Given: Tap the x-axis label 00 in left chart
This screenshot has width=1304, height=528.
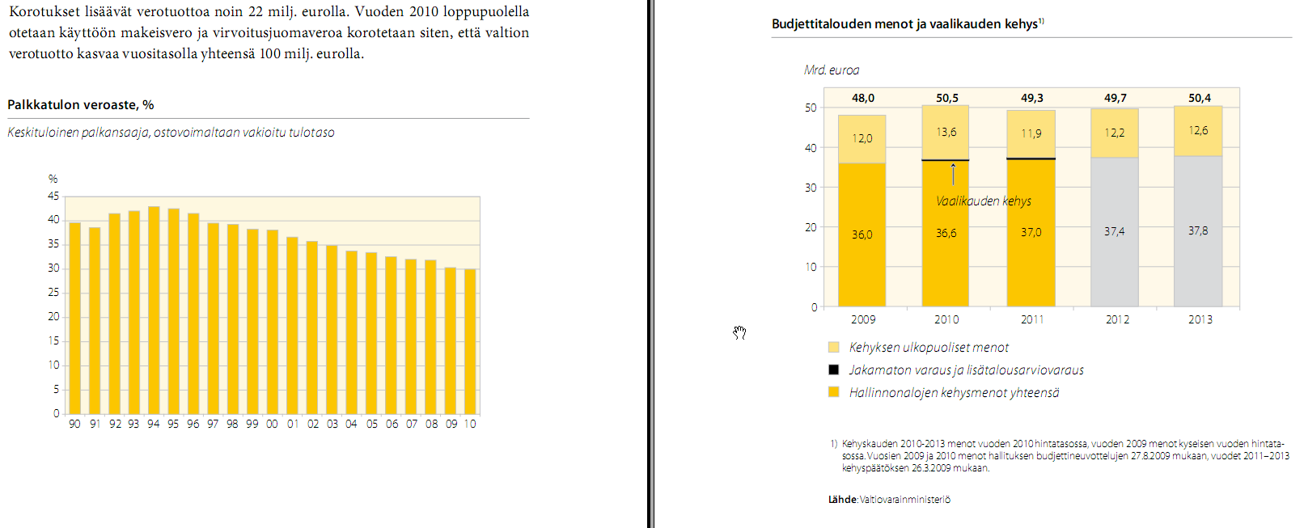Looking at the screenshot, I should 272,424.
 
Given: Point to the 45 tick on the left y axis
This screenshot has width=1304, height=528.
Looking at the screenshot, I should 53,196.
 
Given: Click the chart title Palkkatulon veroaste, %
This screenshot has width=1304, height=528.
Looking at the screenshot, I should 81,104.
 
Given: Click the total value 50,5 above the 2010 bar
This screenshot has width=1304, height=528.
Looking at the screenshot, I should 947,98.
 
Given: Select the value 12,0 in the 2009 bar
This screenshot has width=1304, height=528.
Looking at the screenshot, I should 862,138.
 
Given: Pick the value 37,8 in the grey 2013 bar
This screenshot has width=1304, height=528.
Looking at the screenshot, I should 1198,230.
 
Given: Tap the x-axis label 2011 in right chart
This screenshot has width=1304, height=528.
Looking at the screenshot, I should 1032,319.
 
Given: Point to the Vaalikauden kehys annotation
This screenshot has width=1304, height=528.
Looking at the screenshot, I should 984,201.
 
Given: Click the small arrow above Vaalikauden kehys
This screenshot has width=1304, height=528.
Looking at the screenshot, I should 954,173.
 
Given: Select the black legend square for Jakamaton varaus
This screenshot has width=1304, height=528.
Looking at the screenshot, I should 834,370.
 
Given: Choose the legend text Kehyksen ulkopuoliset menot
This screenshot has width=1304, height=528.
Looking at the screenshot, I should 929,347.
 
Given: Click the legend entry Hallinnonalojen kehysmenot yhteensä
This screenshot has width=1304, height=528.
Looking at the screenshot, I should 954,392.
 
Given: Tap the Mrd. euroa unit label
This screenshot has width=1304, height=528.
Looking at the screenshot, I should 832,70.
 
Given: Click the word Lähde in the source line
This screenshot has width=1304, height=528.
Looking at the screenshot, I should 842,500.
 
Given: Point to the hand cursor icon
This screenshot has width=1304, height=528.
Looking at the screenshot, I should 739,332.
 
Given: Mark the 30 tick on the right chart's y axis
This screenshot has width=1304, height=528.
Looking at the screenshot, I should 811,187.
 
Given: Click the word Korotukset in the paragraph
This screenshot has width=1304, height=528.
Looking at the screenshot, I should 44,12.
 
